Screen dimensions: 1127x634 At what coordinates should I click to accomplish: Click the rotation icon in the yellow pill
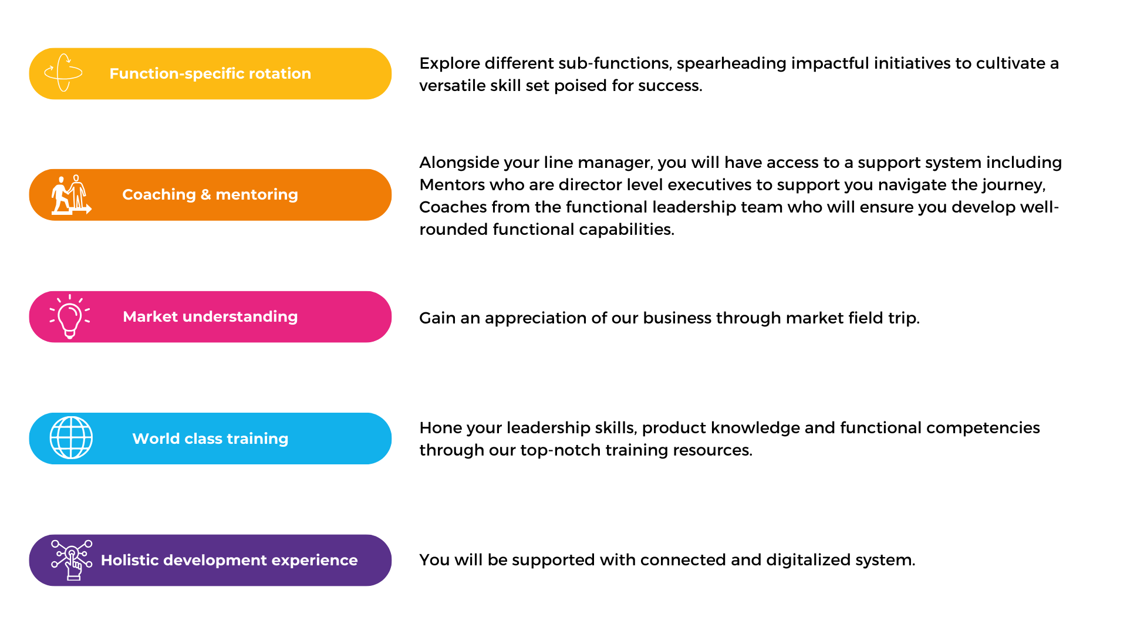(63, 73)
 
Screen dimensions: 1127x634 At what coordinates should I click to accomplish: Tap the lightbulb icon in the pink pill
(70, 316)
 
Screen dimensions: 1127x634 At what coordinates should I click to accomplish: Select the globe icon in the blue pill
(71, 438)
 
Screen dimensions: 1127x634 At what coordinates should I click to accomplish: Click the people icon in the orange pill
(71, 194)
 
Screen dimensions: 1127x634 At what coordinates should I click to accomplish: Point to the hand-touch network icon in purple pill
(72, 560)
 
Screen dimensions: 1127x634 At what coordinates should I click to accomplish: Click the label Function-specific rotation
(210, 73)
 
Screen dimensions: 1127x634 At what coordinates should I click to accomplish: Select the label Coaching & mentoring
(210, 194)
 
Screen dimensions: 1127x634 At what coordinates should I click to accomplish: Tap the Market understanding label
(210, 316)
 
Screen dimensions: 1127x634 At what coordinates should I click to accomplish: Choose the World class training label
(210, 439)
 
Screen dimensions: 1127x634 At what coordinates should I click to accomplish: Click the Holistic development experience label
(229, 560)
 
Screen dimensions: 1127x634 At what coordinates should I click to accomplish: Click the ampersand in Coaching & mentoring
(205, 194)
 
